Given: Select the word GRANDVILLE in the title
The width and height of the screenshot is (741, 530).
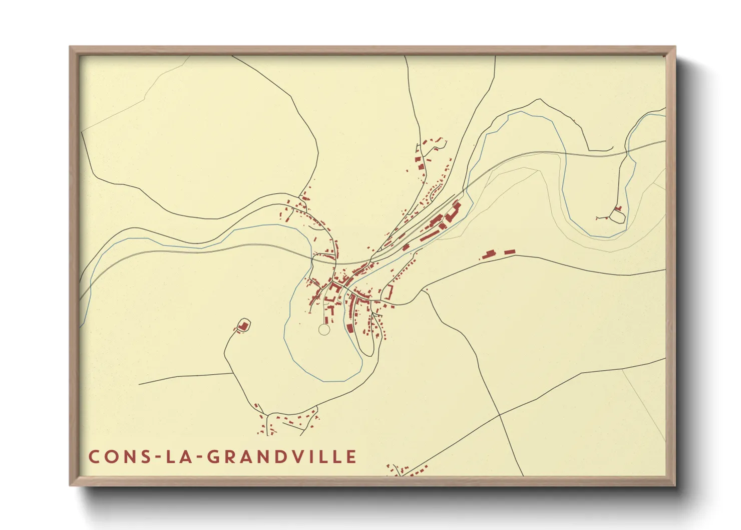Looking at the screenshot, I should [x=282, y=457].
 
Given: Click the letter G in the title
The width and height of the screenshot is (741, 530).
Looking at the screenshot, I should [x=214, y=457].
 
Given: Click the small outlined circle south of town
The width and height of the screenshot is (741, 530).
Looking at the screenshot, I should [x=324, y=329].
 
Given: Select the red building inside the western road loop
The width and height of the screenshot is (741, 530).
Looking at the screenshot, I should [x=243, y=326].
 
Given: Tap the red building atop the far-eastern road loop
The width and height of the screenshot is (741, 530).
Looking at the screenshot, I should [x=618, y=208].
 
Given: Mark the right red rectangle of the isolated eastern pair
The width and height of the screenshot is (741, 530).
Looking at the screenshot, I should [x=509, y=251].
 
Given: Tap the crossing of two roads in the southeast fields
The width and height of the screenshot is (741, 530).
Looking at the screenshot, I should [x=500, y=415].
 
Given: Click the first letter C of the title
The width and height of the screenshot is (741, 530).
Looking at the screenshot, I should [x=94, y=457].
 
